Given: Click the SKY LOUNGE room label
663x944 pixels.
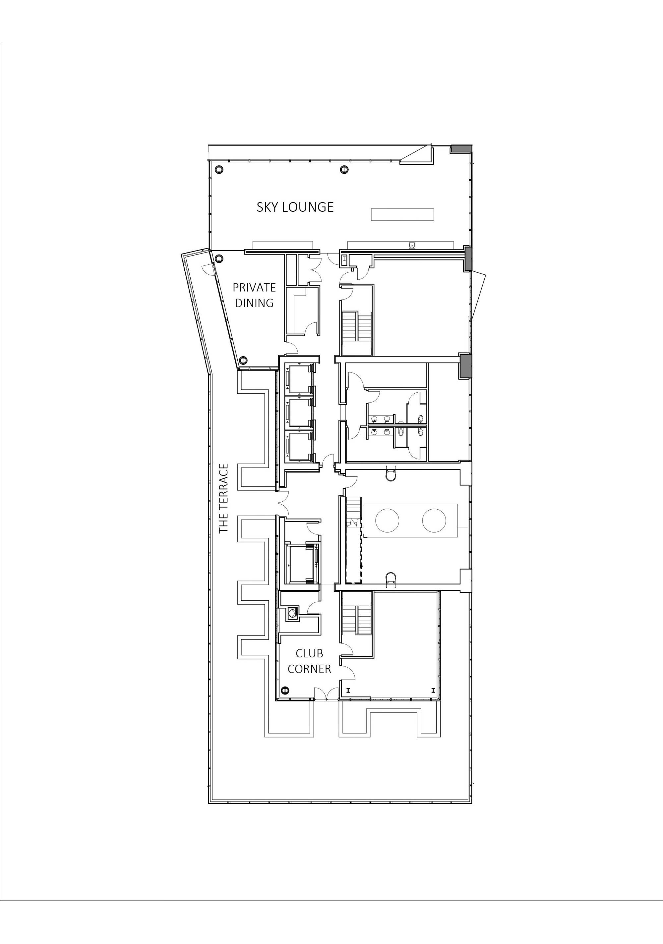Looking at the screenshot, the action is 295,207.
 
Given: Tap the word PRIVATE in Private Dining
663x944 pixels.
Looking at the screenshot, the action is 254,287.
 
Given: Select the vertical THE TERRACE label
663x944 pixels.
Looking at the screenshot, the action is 223,498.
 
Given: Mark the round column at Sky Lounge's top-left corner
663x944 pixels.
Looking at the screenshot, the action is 219,169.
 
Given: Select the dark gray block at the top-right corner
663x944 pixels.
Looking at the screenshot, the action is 461,149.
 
